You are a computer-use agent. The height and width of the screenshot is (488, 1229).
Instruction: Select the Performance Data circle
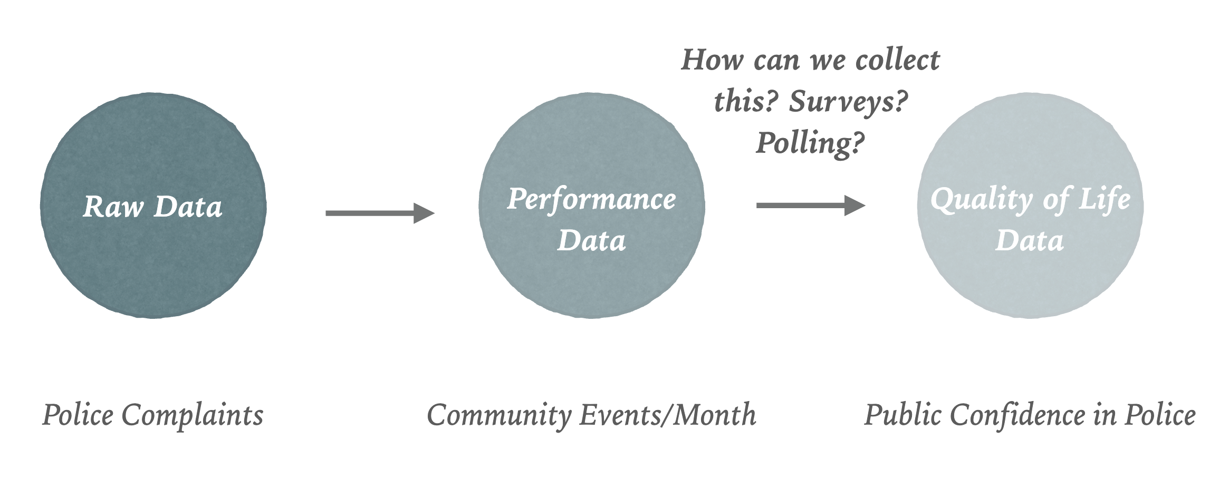click(592, 206)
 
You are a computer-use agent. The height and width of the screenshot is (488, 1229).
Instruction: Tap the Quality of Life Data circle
click(1030, 206)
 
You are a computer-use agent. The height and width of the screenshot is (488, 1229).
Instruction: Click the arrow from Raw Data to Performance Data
click(380, 213)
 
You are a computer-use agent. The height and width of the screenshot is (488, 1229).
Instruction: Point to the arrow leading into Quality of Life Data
click(811, 205)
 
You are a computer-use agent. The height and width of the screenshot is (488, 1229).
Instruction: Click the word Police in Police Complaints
click(78, 415)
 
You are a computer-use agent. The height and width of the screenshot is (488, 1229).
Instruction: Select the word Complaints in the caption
click(193, 416)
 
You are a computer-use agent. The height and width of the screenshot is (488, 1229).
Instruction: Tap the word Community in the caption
click(498, 416)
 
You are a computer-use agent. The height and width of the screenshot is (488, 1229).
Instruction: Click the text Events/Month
click(668, 415)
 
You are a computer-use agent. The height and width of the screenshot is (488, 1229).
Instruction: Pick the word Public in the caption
click(902, 415)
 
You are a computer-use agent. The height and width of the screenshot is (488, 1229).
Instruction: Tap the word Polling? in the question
click(811, 142)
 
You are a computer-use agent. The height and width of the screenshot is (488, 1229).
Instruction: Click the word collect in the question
click(898, 60)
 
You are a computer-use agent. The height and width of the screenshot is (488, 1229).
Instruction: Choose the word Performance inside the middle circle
click(591, 200)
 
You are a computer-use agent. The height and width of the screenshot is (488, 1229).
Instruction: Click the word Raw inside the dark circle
click(113, 207)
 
